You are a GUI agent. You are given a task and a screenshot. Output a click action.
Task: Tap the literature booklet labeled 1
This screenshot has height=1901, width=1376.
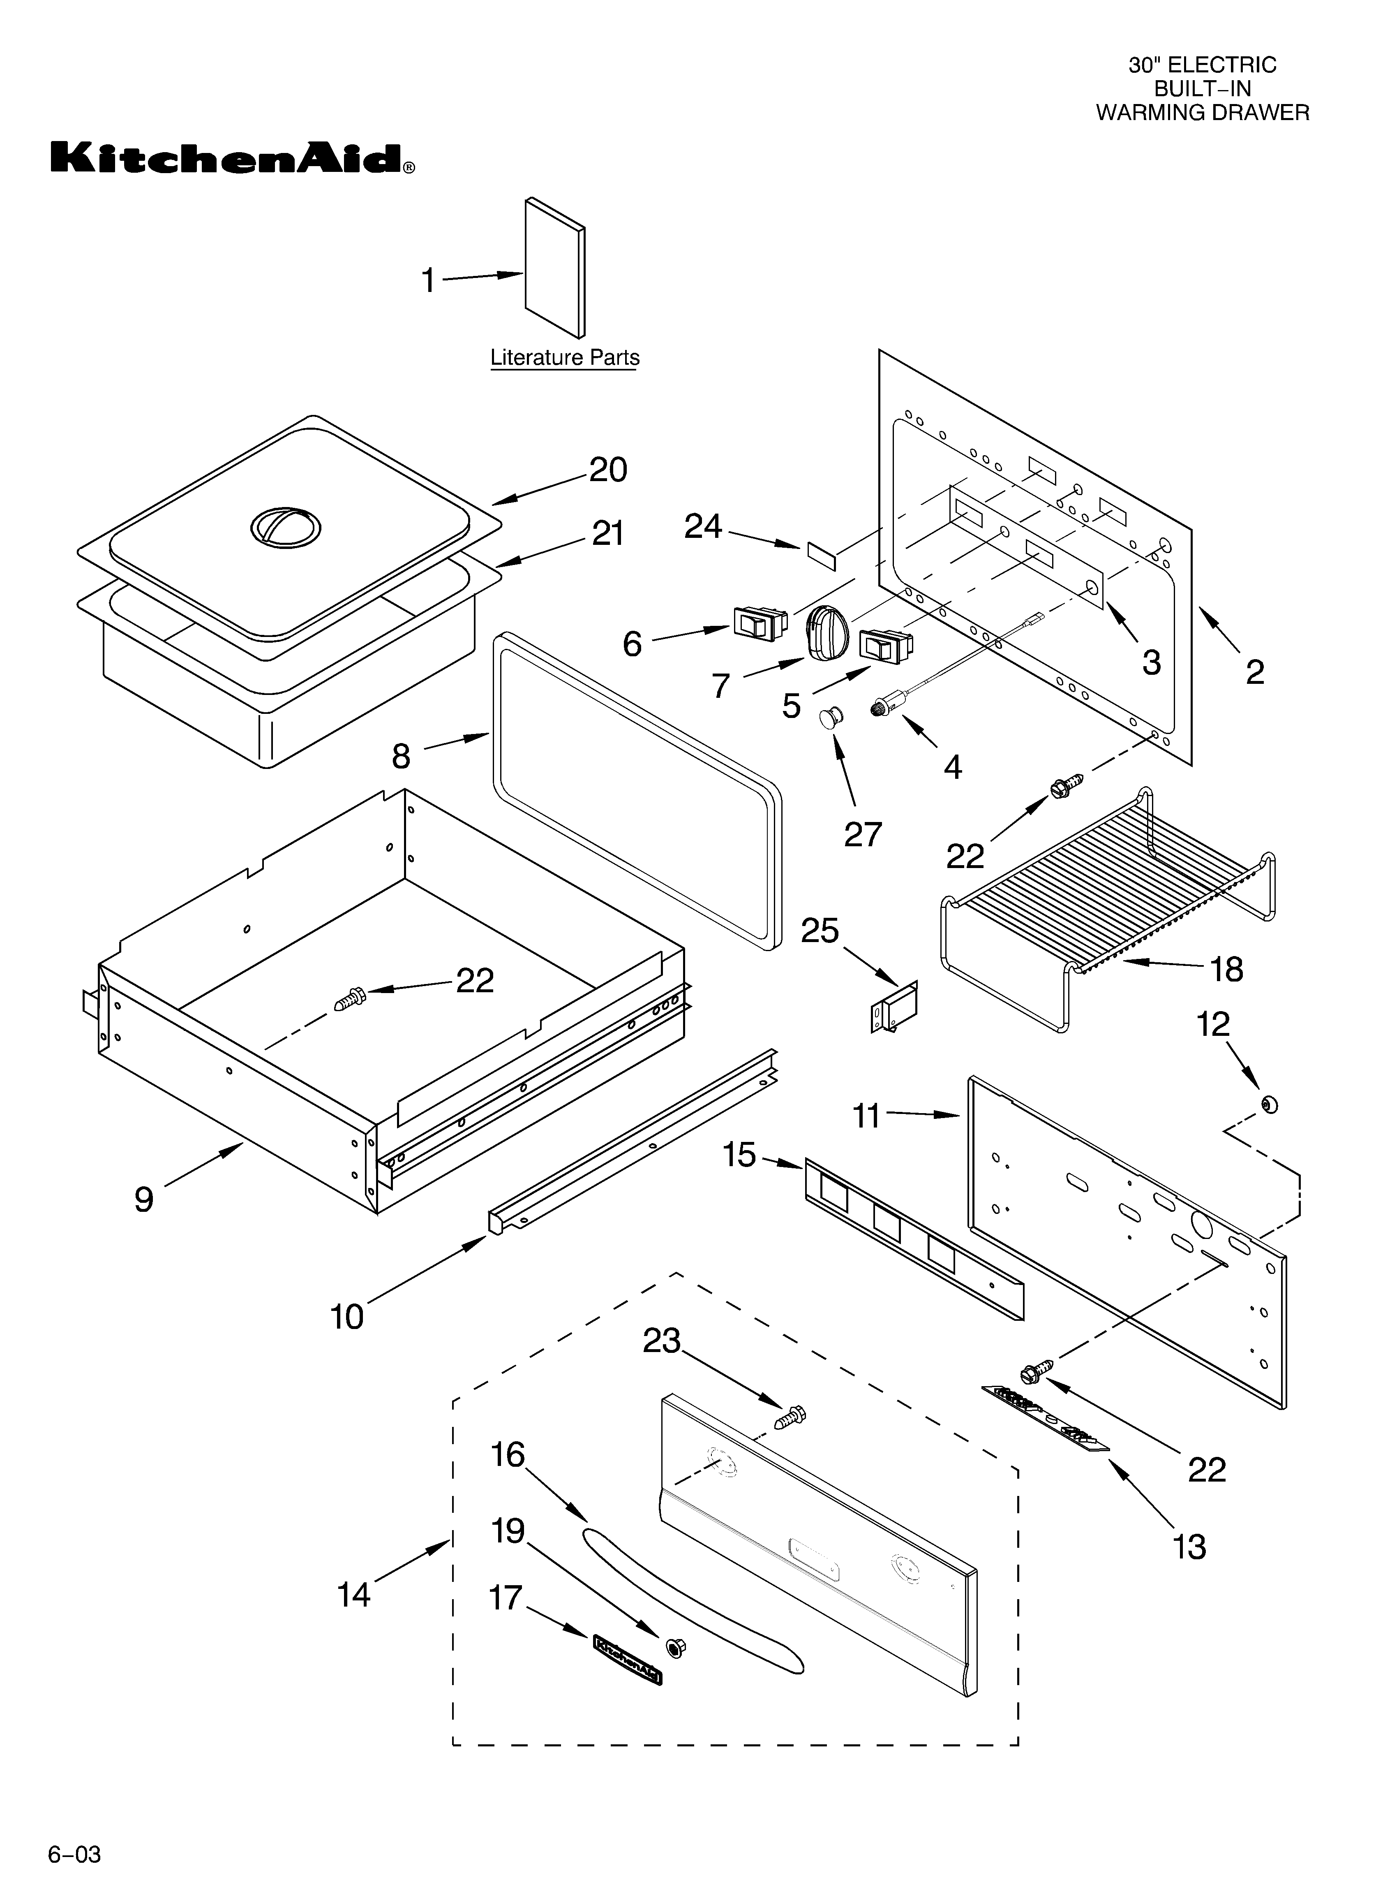[555, 268]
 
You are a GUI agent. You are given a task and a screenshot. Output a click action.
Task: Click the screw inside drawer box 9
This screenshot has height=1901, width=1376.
[349, 998]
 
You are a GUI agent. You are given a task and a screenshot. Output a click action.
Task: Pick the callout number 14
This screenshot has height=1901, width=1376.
[353, 1594]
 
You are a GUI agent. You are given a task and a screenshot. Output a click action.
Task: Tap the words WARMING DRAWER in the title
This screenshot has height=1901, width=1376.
[1202, 112]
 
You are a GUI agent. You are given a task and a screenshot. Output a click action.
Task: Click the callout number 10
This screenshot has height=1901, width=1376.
[347, 1317]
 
